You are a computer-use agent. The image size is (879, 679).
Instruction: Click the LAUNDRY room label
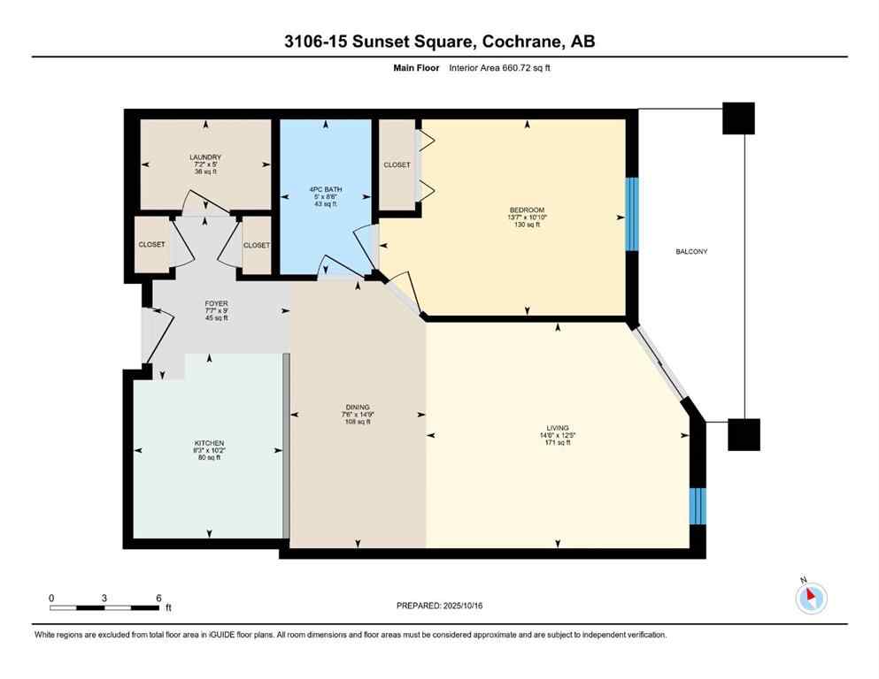tap(204, 157)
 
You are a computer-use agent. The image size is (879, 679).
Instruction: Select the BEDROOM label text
tap(527, 210)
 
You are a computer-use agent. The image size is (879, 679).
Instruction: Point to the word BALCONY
tap(690, 252)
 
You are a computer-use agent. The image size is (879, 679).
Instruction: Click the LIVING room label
tap(558, 427)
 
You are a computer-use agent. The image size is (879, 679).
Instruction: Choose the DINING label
tap(358, 407)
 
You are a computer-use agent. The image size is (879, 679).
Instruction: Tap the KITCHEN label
tap(210, 443)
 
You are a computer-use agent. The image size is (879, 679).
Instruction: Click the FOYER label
tap(216, 303)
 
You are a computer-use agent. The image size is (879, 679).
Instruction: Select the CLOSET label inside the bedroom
tap(396, 165)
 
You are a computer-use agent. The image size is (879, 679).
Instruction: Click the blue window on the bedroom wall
tap(632, 214)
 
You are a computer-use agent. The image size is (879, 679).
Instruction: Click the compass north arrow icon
tap(811, 599)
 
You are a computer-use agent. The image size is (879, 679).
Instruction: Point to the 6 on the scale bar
tap(158, 599)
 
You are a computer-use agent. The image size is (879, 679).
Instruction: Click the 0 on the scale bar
tap(51, 599)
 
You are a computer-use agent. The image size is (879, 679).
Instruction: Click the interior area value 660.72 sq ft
tap(531, 67)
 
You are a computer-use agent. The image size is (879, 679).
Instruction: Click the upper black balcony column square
tap(738, 118)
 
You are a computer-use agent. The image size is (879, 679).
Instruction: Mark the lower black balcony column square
tap(744, 434)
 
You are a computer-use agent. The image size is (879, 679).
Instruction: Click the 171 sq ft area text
tap(558, 442)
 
